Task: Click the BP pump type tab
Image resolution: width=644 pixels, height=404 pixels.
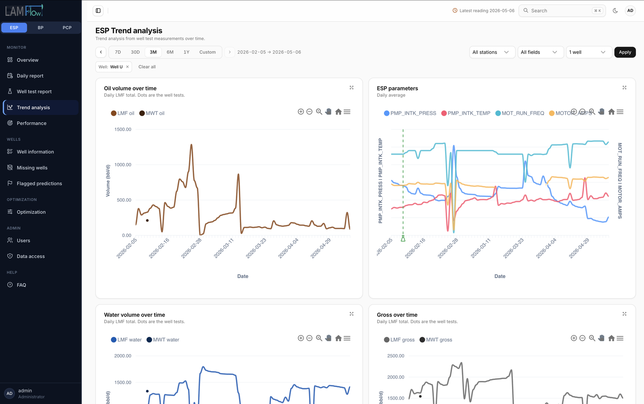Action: click(x=41, y=28)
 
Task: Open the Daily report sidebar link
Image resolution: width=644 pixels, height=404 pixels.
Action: click(x=30, y=76)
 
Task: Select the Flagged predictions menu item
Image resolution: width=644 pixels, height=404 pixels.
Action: click(x=39, y=183)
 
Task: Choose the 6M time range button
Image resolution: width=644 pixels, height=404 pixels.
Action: click(x=170, y=52)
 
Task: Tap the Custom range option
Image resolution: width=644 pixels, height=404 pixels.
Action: click(x=207, y=52)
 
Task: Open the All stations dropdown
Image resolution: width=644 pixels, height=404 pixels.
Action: click(x=492, y=52)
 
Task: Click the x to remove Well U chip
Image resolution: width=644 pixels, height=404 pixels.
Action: click(x=127, y=67)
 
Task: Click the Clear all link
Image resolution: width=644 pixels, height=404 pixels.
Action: click(x=147, y=67)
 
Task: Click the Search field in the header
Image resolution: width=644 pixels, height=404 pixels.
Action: click(x=562, y=10)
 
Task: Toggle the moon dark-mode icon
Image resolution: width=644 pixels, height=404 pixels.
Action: click(x=615, y=10)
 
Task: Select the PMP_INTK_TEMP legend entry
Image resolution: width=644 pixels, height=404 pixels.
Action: click(x=466, y=113)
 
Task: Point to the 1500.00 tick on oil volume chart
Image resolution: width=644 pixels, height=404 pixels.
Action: click(x=123, y=129)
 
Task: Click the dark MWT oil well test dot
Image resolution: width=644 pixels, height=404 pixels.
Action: click(x=147, y=221)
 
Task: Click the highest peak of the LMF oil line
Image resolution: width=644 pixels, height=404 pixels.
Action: click(x=191, y=144)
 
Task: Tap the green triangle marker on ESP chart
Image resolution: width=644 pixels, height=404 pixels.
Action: click(x=403, y=239)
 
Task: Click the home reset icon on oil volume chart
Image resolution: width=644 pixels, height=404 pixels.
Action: click(x=339, y=112)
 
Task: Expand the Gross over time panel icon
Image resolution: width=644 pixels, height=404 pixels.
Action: click(x=624, y=314)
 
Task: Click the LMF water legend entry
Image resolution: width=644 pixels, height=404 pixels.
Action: click(x=126, y=340)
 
